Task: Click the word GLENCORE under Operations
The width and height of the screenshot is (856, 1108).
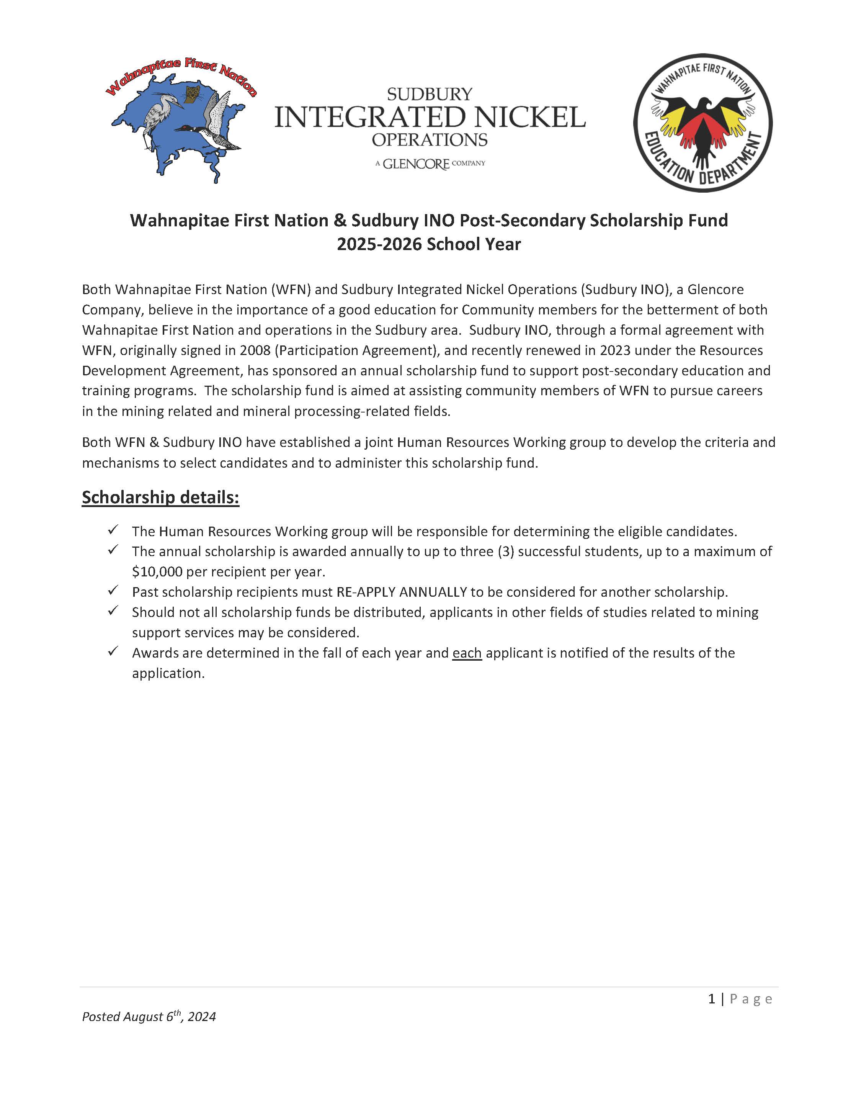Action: coord(416,164)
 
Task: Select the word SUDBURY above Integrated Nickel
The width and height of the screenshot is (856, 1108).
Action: coord(430,94)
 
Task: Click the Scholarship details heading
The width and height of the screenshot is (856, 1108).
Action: coord(160,497)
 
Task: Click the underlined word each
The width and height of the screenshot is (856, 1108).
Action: coord(467,653)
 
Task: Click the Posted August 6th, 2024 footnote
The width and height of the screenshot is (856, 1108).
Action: coord(149,1017)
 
